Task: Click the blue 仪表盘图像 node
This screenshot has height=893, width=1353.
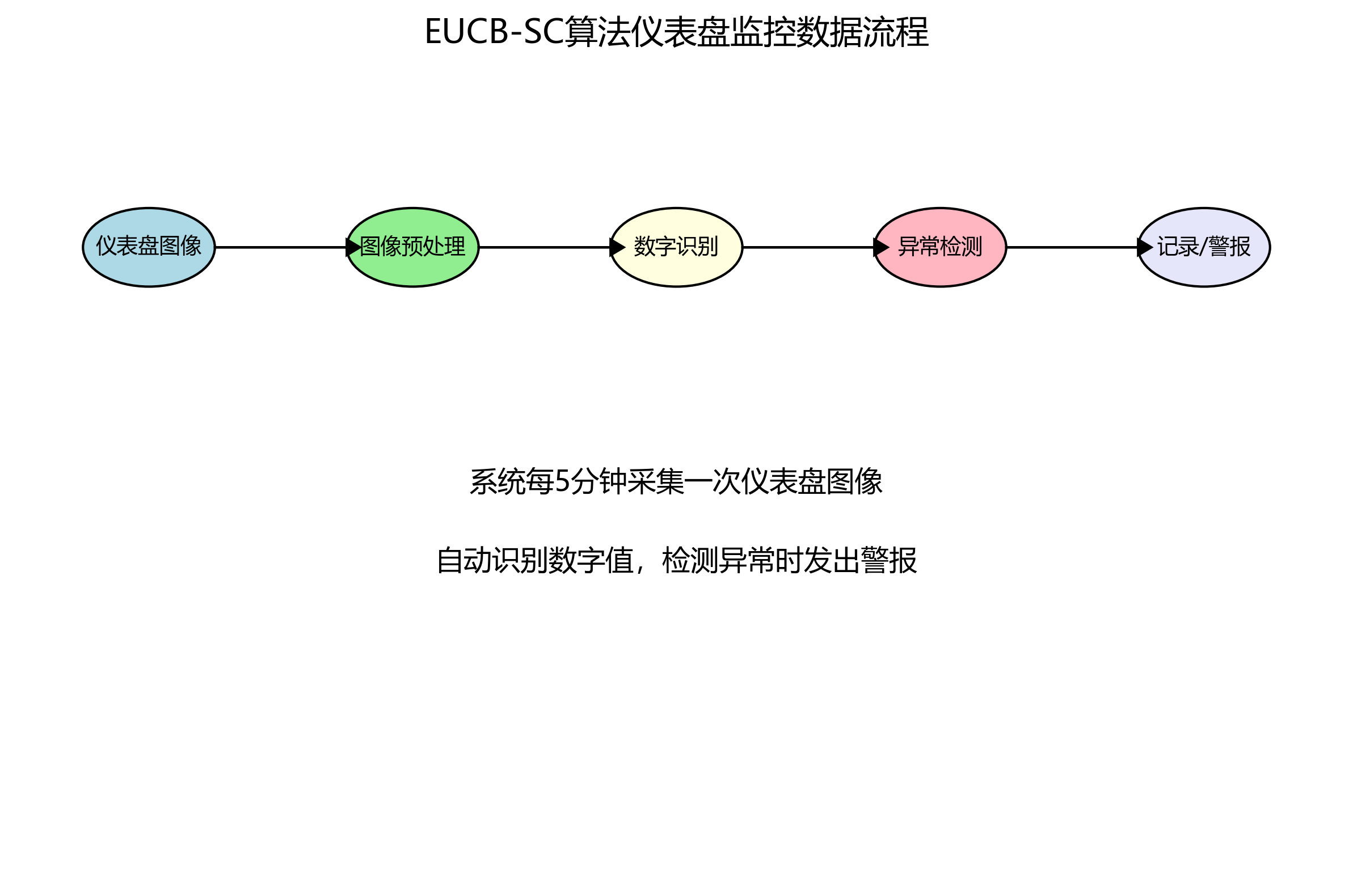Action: pos(149,247)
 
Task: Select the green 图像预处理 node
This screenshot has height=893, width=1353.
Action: pos(412,247)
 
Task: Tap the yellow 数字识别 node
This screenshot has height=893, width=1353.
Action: pos(676,247)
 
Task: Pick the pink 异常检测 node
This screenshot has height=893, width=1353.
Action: pos(940,247)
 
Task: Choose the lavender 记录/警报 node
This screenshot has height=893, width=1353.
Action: pos(1204,247)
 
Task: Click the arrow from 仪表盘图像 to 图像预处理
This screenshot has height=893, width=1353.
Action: pos(280,247)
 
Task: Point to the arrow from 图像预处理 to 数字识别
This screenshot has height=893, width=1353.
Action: pos(544,247)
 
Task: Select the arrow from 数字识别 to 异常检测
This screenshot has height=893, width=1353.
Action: pos(808,247)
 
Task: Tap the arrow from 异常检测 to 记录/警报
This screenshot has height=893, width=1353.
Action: pos(1072,247)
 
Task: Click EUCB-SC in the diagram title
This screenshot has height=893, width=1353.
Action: pos(494,32)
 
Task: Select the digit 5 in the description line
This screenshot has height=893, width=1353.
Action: pos(562,482)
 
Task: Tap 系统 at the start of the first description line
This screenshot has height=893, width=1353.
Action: pos(498,482)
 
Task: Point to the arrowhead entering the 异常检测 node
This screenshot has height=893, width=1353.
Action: pos(881,247)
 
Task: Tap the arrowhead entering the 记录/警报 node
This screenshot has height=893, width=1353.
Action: pos(1144,247)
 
